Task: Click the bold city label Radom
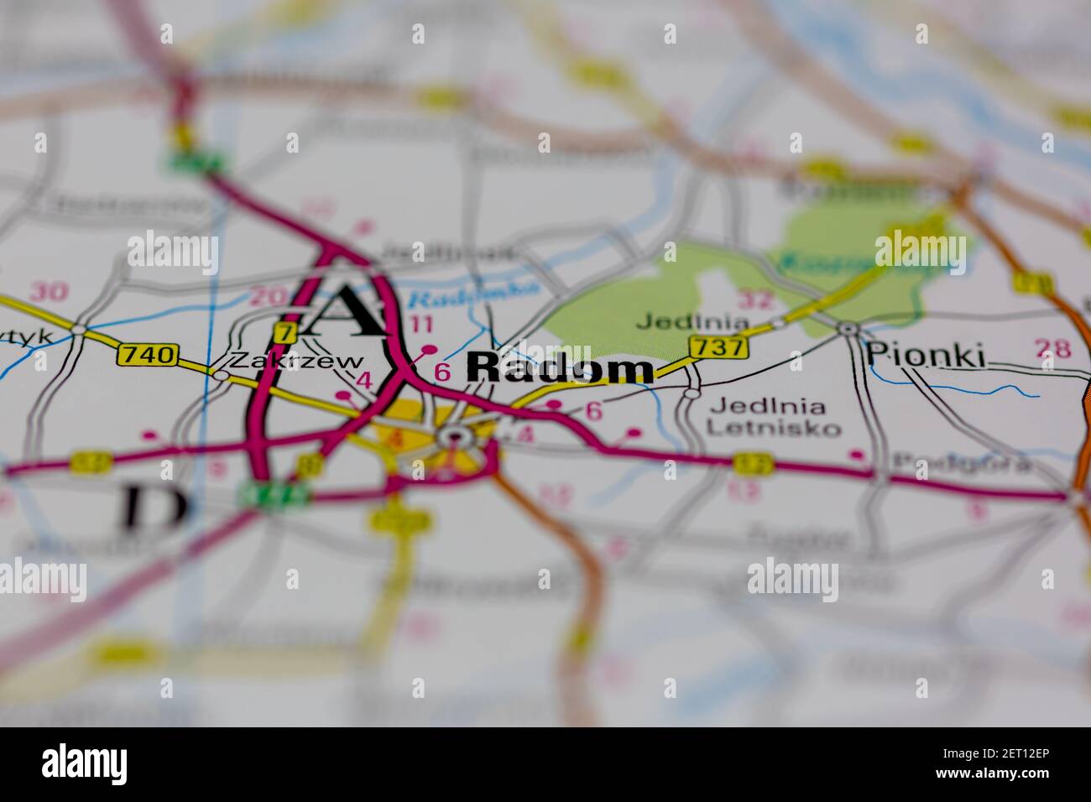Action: [x=559, y=370]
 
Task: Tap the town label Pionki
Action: [x=925, y=355]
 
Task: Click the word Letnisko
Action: [x=773, y=428]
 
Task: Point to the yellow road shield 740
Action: [x=148, y=355]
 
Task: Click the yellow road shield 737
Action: [x=718, y=346]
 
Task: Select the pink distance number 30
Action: [x=48, y=292]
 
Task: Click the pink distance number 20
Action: [x=267, y=296]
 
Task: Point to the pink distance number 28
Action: [x=1052, y=347]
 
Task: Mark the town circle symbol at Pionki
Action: [x=848, y=329]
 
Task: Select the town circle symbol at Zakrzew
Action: [x=220, y=374]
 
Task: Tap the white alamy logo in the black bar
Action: [x=85, y=764]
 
